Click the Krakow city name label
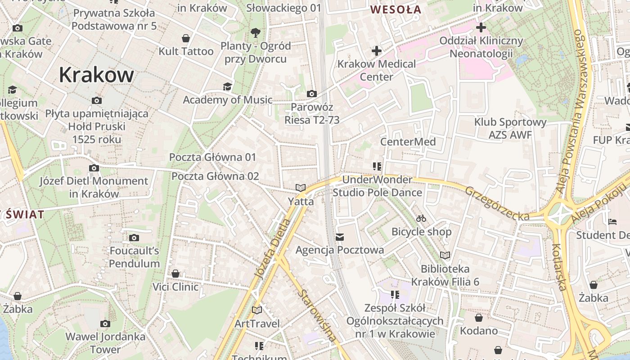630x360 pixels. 96,75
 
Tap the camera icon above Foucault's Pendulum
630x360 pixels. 134,238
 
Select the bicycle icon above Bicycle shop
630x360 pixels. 421,218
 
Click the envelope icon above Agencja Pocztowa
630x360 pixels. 340,237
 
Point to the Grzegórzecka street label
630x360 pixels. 497,204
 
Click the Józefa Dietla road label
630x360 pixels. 272,248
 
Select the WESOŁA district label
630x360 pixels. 396,9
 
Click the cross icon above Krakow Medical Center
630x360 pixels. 377,51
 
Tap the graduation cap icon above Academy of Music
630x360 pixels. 228,86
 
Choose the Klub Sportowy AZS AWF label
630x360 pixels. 510,128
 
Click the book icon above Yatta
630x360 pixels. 301,188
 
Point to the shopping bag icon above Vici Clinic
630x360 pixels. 175,274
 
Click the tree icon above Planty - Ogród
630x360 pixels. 256,32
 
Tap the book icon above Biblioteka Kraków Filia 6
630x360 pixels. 445,256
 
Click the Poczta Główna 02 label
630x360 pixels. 215,176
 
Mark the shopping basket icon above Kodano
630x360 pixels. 479,318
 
